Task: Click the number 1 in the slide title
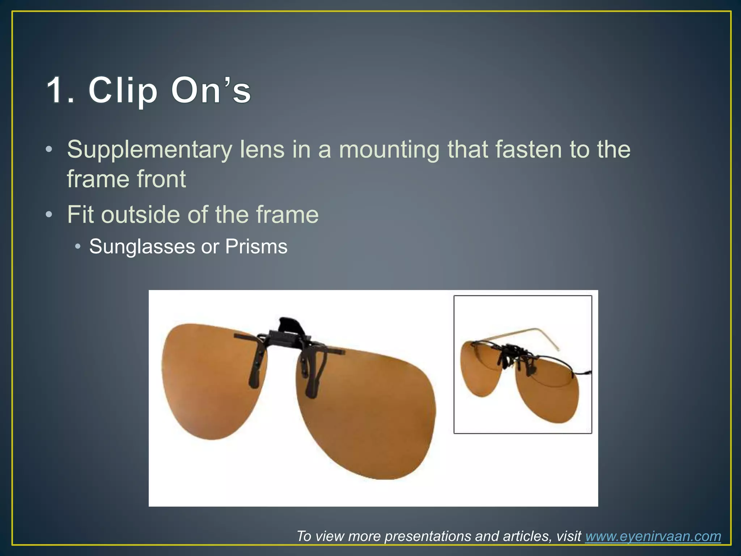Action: click(58, 90)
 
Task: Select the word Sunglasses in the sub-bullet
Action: click(142, 247)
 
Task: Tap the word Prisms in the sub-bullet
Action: click(256, 247)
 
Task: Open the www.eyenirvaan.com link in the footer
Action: click(653, 536)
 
